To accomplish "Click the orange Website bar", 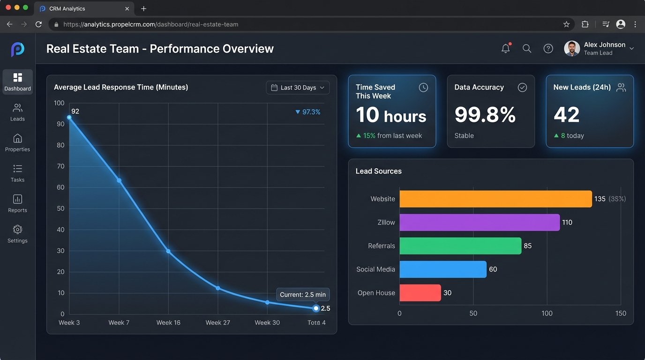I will (x=495, y=199).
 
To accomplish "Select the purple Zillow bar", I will (x=479, y=222).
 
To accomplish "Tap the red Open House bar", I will (x=420, y=292).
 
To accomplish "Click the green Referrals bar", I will (x=460, y=246).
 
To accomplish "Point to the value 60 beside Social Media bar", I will (x=493, y=270).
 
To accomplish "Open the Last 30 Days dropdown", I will (x=298, y=88).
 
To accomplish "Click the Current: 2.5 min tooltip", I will (x=302, y=294).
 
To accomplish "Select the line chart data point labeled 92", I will (x=69, y=117).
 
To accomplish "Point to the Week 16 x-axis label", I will (x=168, y=322).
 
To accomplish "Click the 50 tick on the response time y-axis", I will (x=60, y=208).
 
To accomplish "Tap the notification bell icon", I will (x=505, y=48).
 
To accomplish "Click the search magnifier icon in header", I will (x=527, y=48).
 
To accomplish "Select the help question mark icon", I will (x=548, y=48).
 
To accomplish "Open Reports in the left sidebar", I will (x=17, y=203).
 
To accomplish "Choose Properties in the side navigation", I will (x=17, y=142).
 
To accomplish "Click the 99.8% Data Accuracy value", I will (x=485, y=114).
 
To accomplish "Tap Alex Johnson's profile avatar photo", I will (x=572, y=48).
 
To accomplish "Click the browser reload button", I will (x=38, y=24).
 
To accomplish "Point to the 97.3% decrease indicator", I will (x=307, y=112).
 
